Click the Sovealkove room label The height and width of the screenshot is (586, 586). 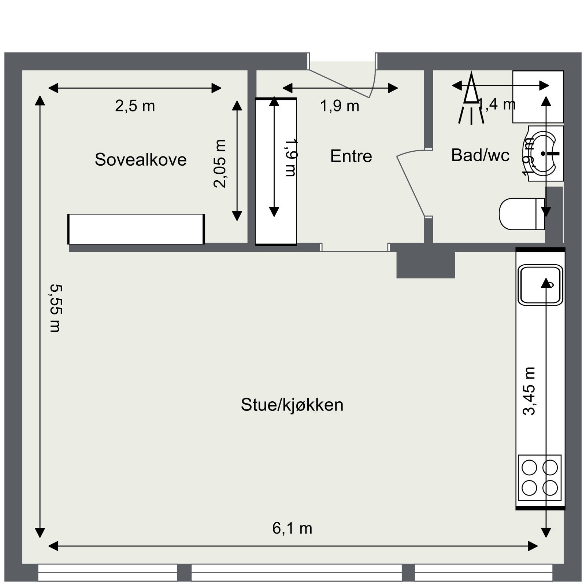pos(141,159)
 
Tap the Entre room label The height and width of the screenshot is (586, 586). pos(351,156)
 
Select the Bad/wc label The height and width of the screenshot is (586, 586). pos(480,155)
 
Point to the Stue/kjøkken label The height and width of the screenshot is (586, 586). pos(292,405)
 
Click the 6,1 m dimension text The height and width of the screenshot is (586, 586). pos(292,528)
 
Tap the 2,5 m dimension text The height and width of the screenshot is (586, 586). pos(135,106)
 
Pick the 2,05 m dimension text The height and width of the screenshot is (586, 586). pos(220,163)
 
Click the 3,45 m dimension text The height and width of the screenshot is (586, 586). pos(529,391)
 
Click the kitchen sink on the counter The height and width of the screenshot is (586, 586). pos(540,285)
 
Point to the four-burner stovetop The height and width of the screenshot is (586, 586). pos(539,478)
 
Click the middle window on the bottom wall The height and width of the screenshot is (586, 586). pos(296,572)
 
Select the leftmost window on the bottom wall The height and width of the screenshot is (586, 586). pos(107,572)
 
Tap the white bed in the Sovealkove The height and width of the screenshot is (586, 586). pos(136,229)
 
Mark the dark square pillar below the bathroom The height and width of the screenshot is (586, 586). pos(426,265)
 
